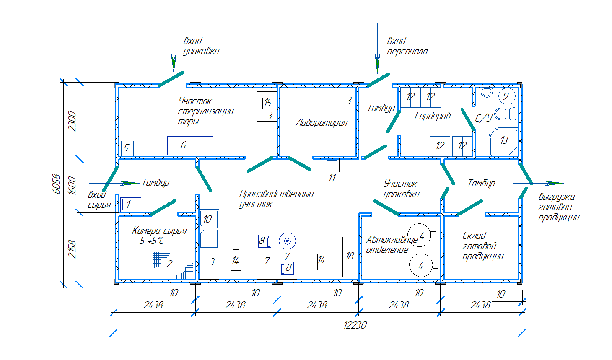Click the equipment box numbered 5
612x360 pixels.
(127, 148)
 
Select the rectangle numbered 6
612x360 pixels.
(190, 145)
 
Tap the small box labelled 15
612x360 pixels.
(267, 103)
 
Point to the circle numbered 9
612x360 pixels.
(506, 96)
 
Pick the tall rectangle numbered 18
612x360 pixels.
(349, 256)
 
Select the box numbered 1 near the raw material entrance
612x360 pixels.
(130, 205)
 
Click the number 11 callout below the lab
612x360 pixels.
(332, 178)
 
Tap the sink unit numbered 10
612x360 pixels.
(208, 219)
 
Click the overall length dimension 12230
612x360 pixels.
(355, 325)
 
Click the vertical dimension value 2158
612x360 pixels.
(72, 249)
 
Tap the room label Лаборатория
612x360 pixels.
(322, 122)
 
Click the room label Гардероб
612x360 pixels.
(433, 116)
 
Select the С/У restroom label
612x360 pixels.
(483, 118)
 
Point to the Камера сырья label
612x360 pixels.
(159, 231)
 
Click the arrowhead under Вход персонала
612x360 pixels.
(377, 66)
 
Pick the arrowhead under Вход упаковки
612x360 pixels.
(174, 66)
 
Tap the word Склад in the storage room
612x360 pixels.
(474, 236)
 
